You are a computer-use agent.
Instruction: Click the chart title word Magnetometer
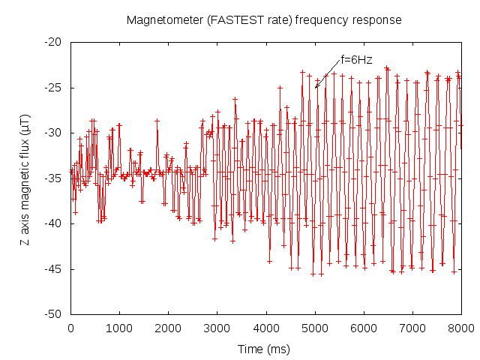click(x=162, y=19)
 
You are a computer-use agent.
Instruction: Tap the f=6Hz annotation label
click(x=356, y=59)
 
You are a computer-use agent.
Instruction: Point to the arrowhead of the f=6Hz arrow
click(x=316, y=88)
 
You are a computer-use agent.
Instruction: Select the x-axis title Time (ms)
click(x=265, y=349)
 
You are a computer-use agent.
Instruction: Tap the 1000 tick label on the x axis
click(x=119, y=328)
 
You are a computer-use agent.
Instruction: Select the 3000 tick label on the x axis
click(x=217, y=328)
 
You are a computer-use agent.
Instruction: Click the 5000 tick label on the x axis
click(x=315, y=328)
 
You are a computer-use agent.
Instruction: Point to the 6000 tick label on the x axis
click(x=364, y=328)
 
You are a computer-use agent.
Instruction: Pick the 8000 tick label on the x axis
click(x=460, y=328)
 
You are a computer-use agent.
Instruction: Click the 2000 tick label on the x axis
click(x=168, y=328)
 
